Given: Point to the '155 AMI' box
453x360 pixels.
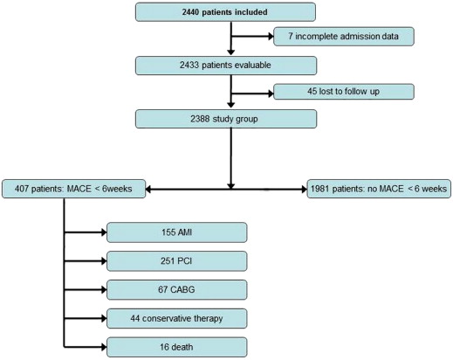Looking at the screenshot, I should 176,232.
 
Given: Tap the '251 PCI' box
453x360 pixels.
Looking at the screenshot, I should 176,260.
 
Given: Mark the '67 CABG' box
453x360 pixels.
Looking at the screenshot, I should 176,288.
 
